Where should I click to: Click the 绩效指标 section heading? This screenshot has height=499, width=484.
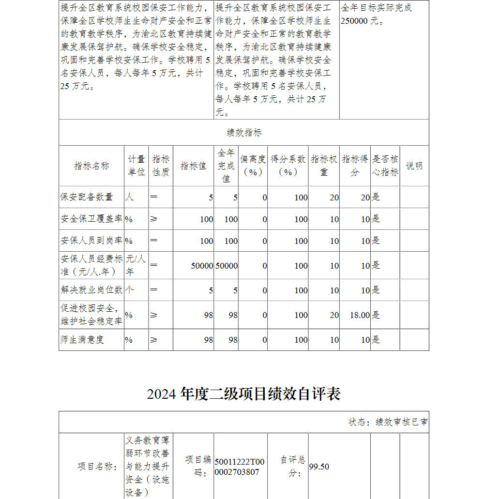pos(244,133)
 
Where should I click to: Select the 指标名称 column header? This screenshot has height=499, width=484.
pos(91,166)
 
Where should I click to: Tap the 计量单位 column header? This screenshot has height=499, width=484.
pos(136,166)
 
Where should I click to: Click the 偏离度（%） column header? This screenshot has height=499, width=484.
pos(253,166)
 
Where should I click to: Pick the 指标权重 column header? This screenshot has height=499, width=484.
pos(324,166)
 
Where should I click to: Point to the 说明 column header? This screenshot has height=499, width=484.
pos(414,166)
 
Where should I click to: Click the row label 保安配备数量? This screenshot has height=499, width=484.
pos(87,197)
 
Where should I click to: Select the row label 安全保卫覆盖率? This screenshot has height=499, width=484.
pos(91,219)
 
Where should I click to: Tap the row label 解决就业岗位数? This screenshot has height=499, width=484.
pos(91,290)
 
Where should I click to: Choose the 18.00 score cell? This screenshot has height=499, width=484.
pos(360,315)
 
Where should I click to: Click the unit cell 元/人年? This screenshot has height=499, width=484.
pos(136,265)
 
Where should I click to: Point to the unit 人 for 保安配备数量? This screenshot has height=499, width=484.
pos(129,197)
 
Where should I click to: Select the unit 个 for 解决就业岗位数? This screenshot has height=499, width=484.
pos(129,290)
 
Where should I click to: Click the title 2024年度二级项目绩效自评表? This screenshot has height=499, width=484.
pos(244,394)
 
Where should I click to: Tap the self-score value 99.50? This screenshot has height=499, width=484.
pos(319,467)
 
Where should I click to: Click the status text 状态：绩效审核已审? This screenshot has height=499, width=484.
pos(388,422)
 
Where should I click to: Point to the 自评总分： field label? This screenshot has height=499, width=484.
pos(293,467)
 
